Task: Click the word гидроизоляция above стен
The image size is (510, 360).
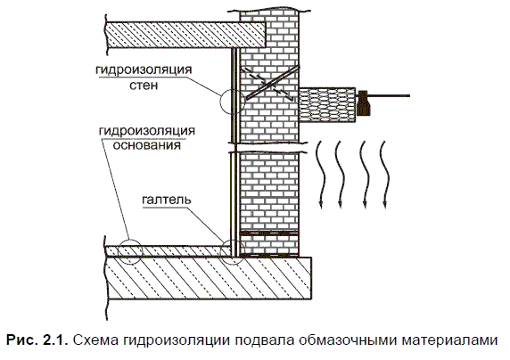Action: pos(144,70)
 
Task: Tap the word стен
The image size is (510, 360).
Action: pos(144,86)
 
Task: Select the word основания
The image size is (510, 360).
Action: pos(147,144)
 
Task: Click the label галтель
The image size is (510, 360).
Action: pos(167,200)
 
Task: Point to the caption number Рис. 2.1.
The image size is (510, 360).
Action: pos(37,340)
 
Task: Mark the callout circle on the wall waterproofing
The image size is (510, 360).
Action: pos(220,101)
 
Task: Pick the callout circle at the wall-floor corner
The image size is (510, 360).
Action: pos(220,251)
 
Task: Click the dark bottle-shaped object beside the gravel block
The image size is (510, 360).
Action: pos(363,103)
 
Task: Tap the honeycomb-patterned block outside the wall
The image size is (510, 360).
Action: pos(327,105)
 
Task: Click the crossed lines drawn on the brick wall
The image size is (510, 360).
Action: pos(269,84)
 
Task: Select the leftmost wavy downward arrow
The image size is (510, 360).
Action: pos(320,175)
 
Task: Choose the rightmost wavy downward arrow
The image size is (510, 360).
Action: pos(385,175)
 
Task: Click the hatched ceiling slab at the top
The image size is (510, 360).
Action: pos(186,35)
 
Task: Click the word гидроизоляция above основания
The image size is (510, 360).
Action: pos(147,131)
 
